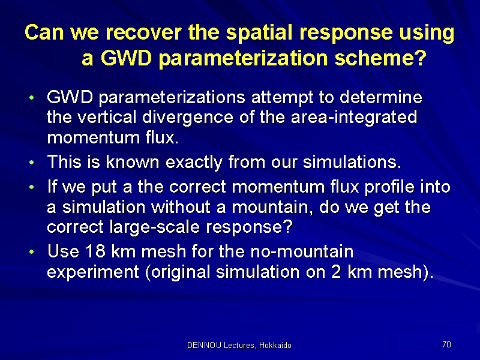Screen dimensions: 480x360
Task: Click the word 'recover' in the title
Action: point(143,32)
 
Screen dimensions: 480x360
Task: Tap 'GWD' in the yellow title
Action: point(126,58)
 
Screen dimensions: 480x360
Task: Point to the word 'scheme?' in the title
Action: point(380,58)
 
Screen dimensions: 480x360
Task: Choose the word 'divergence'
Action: point(188,118)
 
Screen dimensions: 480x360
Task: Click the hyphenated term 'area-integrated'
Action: point(354,118)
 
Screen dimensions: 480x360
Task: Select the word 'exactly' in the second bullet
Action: point(194,162)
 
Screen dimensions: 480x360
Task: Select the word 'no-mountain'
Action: point(302,251)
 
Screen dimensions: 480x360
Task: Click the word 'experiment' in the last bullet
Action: point(93,272)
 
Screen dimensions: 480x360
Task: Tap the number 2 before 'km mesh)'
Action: point(336,272)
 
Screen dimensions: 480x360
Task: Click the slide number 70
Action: point(446,344)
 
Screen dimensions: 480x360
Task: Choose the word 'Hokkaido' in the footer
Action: point(275,346)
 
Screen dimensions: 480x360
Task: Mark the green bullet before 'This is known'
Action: point(32,162)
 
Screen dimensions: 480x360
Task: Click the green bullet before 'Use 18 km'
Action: point(32,252)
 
